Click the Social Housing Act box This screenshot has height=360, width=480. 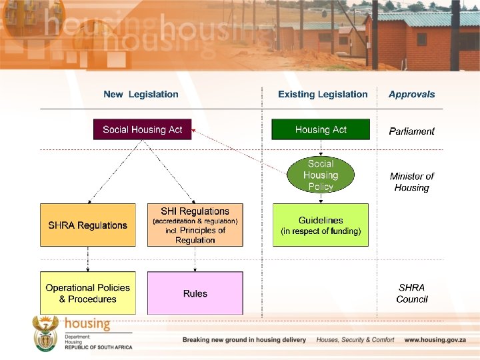pos(142,129)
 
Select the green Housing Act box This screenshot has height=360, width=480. pos(321,129)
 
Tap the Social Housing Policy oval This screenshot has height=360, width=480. pos(321,175)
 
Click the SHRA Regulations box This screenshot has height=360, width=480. pos(87,225)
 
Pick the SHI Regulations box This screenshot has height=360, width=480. pos(195,225)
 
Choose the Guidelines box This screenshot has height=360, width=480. pos(321,225)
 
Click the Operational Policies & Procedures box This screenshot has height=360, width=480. pos(87,293)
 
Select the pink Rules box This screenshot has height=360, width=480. pos(195,293)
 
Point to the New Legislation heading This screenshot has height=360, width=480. pos(141,95)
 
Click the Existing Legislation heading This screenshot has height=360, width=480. pos(323,95)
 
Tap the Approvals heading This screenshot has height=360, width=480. pos(411,95)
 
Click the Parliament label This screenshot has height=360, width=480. pos(411,131)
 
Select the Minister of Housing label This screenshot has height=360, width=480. pos(411,182)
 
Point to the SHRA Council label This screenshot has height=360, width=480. pos(411,293)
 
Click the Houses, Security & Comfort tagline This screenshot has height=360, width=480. pos(355,340)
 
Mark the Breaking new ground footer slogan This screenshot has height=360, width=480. pos(245,340)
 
